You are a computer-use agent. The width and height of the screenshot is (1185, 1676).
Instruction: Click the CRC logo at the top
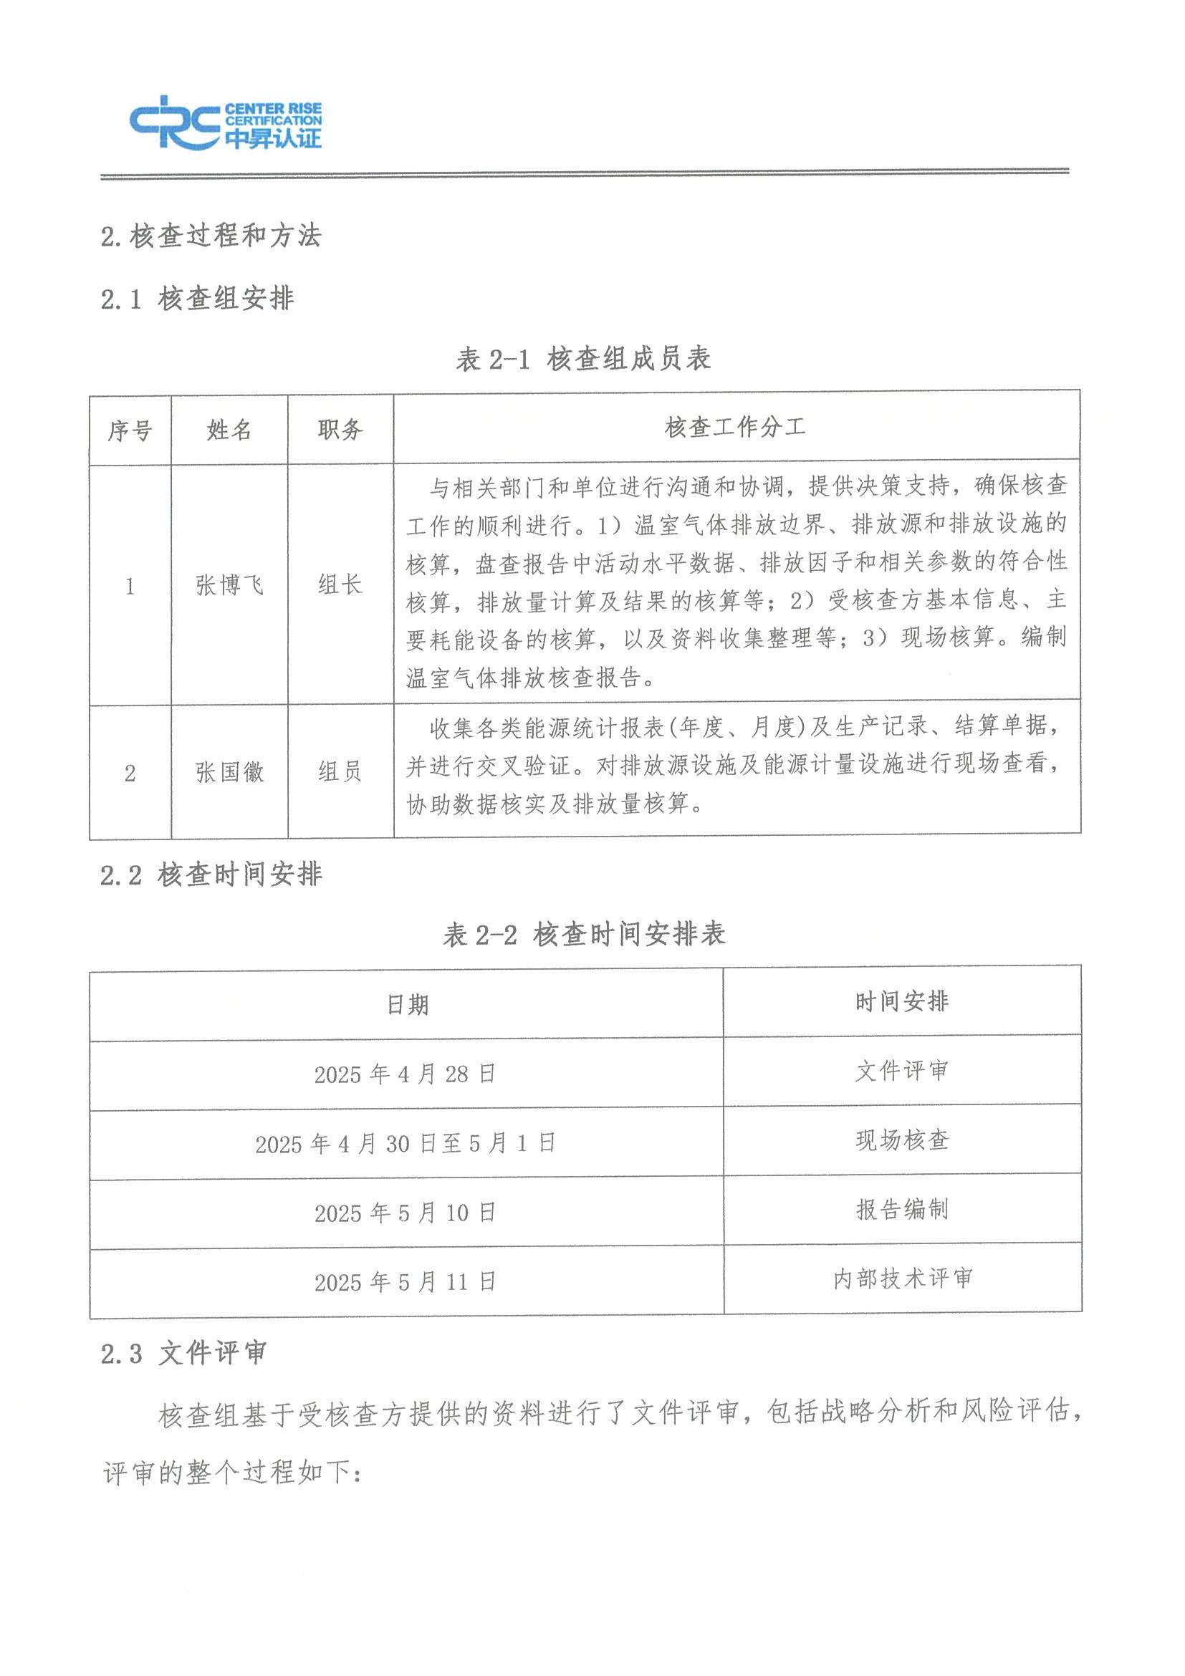[226, 122]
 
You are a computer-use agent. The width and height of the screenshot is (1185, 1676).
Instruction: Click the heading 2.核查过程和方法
[211, 236]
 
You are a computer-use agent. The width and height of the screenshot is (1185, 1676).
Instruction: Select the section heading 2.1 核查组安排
[197, 299]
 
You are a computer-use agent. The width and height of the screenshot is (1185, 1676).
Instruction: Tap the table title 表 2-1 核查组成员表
[582, 359]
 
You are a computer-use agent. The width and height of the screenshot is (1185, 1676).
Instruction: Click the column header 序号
[130, 430]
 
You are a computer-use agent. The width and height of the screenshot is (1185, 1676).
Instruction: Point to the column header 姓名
[229, 429]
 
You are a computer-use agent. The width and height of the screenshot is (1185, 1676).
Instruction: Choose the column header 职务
[340, 429]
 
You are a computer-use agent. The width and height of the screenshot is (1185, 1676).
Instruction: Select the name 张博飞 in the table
[229, 585]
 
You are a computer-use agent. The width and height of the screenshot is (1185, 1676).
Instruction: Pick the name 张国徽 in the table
[229, 771]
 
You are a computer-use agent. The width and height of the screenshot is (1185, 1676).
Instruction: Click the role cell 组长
[340, 584]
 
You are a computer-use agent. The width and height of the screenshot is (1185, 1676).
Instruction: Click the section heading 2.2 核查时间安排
[211, 875]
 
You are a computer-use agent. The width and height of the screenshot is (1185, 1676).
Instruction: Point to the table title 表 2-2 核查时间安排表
[584, 935]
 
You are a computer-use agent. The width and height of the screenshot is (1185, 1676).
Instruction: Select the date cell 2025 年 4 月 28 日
[406, 1074]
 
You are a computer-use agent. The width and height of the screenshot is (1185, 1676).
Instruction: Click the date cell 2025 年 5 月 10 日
[406, 1213]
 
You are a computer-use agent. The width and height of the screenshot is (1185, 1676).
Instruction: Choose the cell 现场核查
[903, 1141]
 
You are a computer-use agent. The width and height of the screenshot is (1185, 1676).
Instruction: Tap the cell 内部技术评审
[903, 1279]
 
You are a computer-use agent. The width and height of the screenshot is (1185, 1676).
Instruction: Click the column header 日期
[407, 1005]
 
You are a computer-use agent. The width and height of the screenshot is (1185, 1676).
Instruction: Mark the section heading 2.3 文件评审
[184, 1354]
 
